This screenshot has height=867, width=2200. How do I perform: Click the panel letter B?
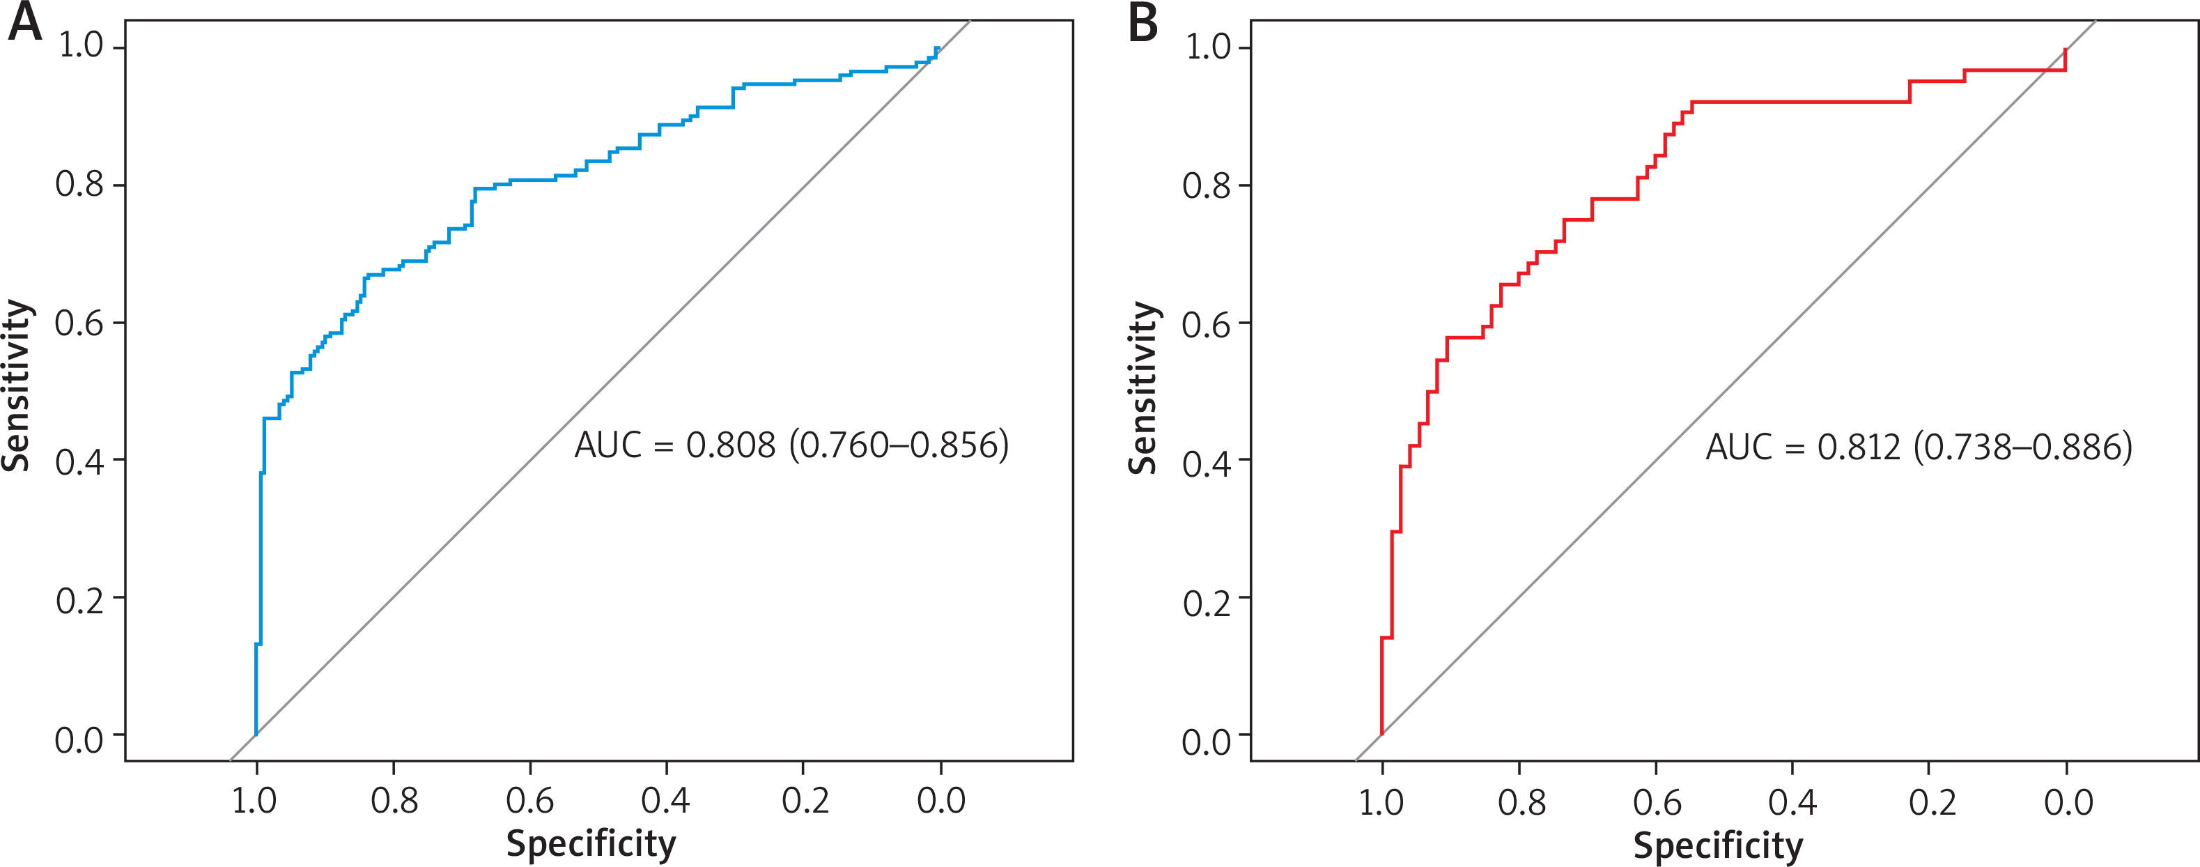coord(1142,24)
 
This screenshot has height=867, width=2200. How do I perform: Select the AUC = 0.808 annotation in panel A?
coord(791,445)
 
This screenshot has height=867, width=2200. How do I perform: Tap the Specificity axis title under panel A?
coord(591,843)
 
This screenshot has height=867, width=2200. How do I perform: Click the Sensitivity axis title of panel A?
coord(17,385)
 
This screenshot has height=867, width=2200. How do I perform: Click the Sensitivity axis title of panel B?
coord(1142,388)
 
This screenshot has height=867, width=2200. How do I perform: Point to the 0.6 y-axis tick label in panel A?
coord(79,324)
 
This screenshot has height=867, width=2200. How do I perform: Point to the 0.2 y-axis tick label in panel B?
coord(1206,603)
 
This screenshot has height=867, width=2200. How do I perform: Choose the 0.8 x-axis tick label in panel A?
coord(394,800)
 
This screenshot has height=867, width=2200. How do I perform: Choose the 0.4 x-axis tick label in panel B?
coord(1792,802)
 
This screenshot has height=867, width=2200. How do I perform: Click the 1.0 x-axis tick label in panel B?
coord(1381,802)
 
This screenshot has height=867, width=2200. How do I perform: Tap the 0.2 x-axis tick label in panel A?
coord(805,800)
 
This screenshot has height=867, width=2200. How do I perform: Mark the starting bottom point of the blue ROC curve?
coord(256,734)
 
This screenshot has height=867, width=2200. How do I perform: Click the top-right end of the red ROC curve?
coord(2065,49)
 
